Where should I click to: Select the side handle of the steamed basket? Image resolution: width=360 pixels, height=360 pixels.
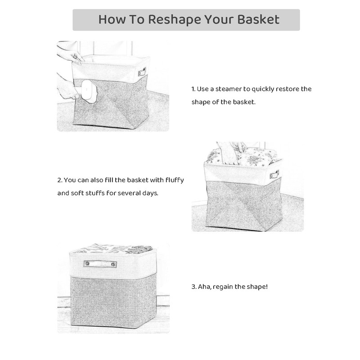[142, 72]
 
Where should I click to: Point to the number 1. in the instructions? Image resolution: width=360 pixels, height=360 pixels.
[193, 89]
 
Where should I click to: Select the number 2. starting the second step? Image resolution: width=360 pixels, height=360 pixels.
[60, 180]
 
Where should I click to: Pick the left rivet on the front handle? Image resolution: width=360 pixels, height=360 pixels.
[87, 264]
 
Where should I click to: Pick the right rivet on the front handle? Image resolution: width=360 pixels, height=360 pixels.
[114, 264]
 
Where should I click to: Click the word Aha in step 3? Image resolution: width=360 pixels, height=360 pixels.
[206, 286]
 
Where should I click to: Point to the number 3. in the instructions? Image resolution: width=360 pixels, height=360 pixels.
[194, 286]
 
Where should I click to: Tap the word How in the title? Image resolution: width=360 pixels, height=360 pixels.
[109, 20]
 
